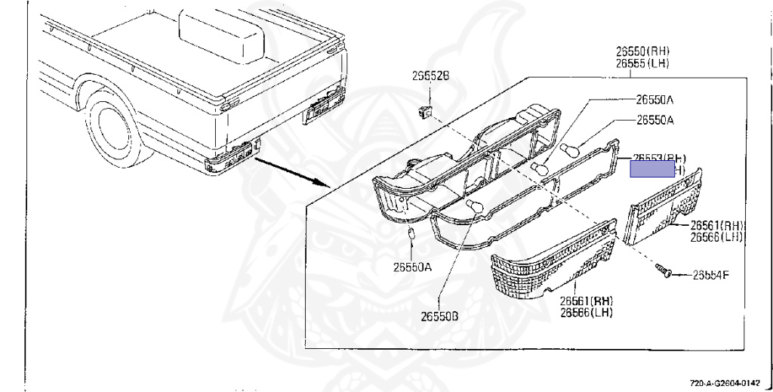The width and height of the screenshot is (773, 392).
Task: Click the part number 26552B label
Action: tap(430, 76)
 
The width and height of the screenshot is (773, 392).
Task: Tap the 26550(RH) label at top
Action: tap(642, 51)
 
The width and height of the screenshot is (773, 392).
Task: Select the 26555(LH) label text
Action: tap(642, 63)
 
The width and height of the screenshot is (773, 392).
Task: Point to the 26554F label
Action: tap(710, 275)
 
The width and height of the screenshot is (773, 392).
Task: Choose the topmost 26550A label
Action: tap(654, 99)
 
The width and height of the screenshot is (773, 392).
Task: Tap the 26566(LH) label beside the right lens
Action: tap(716, 237)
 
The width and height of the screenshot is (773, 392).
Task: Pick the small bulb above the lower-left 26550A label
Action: tap(411, 236)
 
